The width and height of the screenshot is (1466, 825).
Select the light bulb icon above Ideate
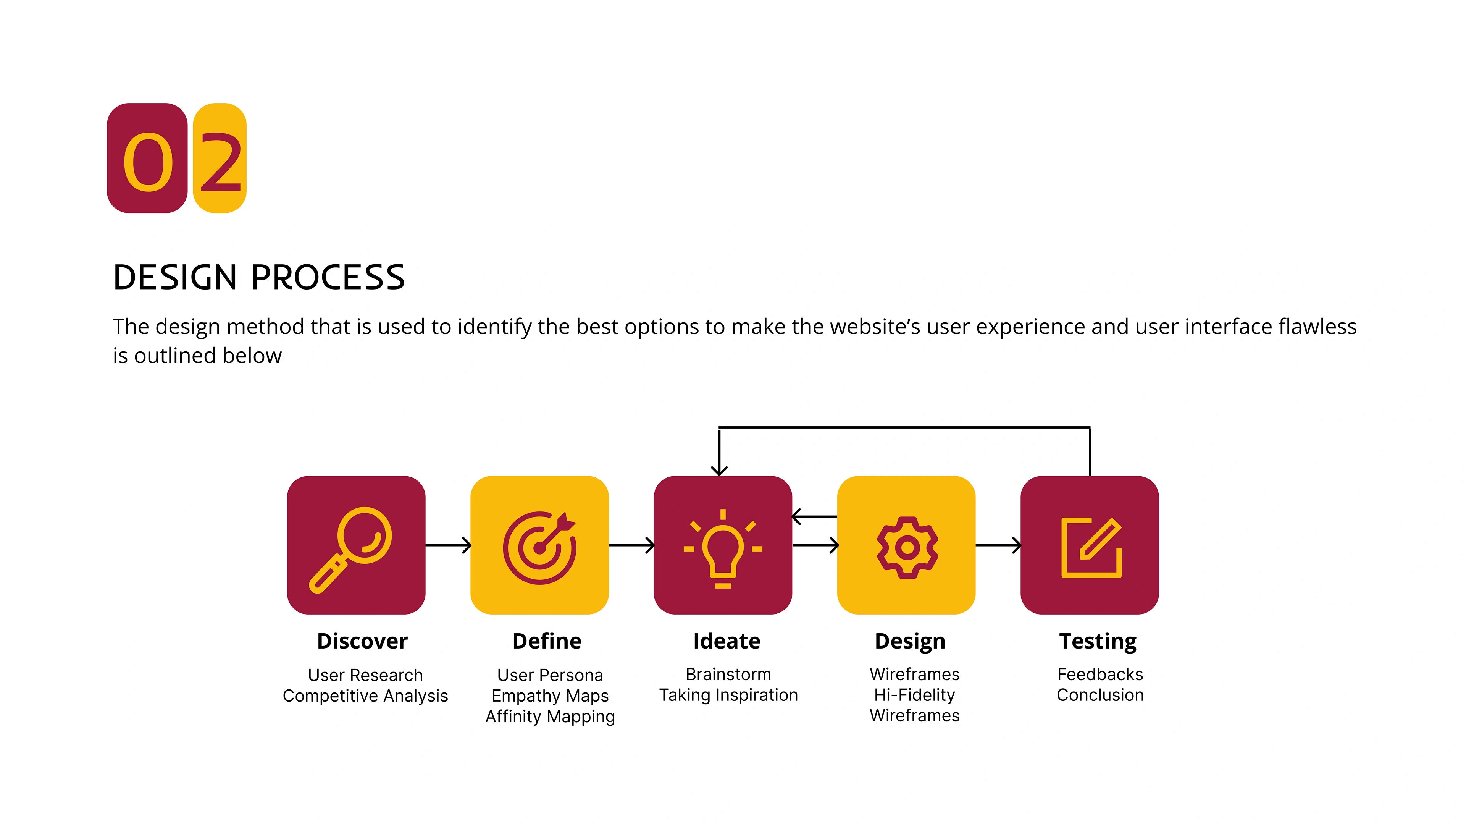coord(723,549)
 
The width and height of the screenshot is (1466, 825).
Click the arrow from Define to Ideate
coord(632,545)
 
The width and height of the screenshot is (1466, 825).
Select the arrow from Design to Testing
coord(998,545)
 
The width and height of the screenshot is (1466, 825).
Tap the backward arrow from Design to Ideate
coord(814,516)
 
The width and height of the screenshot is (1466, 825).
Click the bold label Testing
coord(1098,642)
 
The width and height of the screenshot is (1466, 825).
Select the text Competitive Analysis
coord(365,696)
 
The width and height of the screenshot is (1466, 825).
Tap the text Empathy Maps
coord(550,696)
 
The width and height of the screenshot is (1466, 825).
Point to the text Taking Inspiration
coord(728,695)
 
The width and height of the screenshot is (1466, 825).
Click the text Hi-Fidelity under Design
coord(915,695)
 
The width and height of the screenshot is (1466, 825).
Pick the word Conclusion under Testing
coord(1100,695)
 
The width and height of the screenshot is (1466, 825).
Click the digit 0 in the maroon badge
coord(148,162)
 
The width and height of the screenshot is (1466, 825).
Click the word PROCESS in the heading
coord(328,277)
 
